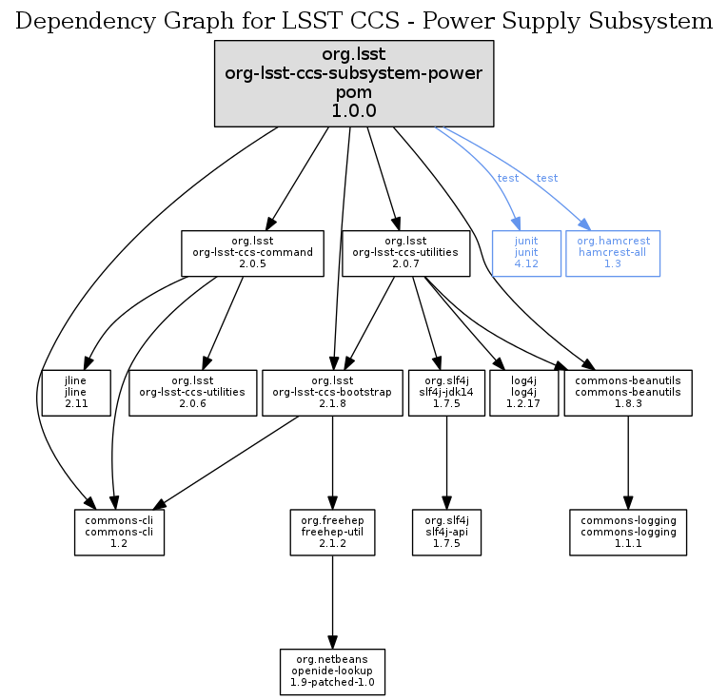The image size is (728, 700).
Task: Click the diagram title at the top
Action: click(364, 20)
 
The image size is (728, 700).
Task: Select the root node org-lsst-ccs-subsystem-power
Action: click(354, 84)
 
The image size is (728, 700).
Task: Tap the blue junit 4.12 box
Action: click(526, 253)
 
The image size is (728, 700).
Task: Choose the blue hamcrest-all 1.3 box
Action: click(612, 253)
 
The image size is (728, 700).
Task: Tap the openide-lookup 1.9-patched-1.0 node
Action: click(332, 672)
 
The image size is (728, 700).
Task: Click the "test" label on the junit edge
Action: click(508, 179)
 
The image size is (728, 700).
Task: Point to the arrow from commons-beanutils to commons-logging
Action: click(628, 461)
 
